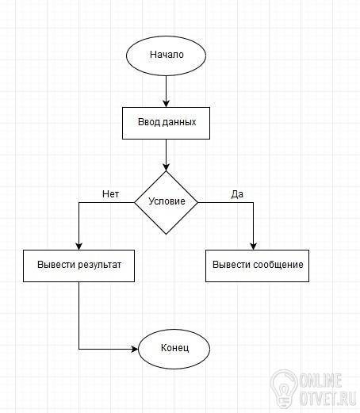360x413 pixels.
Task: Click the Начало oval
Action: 166,55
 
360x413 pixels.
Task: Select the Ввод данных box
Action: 166,123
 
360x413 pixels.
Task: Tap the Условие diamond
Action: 166,202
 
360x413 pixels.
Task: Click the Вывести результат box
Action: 79,266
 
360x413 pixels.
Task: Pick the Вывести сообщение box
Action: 257,266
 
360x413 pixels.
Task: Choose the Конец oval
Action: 174,349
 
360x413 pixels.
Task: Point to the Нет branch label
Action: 110,194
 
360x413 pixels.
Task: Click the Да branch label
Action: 237,194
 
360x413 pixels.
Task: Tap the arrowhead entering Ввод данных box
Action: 166,104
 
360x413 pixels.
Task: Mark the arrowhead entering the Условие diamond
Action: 166,167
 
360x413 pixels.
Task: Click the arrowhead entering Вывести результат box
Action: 79,247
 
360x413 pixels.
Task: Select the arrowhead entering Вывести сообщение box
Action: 253,247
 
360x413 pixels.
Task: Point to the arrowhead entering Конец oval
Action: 135,349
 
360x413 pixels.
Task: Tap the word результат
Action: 100,265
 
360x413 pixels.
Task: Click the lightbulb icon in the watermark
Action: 284,389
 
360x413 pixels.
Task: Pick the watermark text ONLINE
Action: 321,380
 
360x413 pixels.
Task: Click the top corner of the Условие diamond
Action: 166,171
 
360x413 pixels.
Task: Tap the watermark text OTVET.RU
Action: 328,398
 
